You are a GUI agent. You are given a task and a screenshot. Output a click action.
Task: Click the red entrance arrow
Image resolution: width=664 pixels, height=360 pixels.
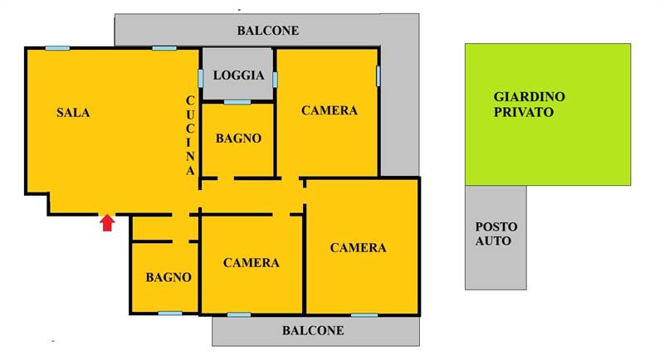tap(107, 222)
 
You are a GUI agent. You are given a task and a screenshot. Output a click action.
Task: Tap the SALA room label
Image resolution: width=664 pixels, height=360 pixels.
tap(73, 112)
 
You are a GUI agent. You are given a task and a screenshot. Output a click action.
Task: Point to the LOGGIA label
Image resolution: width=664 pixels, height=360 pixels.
tap(238, 75)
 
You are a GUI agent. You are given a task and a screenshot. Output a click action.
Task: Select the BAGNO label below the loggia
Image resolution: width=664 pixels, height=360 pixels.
tap(238, 139)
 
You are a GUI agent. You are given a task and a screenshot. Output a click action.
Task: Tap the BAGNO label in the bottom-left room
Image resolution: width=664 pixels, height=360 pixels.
tap(168, 277)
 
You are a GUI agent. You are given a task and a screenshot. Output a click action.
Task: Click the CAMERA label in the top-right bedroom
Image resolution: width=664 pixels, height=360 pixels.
tap(330, 110)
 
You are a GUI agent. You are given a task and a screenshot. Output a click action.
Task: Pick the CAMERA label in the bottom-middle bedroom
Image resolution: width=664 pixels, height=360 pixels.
tap(251, 263)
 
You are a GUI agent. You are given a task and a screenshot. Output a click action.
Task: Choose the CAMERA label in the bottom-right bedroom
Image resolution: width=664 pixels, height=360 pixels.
tap(358, 247)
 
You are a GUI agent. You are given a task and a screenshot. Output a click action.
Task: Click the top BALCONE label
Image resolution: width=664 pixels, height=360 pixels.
tap(267, 31)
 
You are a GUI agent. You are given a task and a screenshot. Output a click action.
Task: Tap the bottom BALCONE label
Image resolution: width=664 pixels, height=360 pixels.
tap(312, 330)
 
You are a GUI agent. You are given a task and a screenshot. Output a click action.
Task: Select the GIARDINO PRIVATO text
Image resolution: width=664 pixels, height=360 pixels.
tap(529, 104)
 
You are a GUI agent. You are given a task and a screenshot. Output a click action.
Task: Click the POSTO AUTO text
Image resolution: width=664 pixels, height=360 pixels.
tap(496, 234)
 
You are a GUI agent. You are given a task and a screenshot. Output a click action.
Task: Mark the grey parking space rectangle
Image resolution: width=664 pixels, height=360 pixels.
tap(496, 265)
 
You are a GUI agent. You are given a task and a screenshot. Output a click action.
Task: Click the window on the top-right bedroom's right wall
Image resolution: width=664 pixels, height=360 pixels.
tap(378, 75)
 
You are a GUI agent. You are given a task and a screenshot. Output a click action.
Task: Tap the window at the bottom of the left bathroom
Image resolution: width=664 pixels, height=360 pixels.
tap(169, 313)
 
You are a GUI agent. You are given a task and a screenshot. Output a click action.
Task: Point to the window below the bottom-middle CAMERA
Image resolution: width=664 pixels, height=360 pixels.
tap(239, 314)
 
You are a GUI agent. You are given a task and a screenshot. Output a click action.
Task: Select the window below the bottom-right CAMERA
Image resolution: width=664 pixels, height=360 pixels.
tap(364, 314)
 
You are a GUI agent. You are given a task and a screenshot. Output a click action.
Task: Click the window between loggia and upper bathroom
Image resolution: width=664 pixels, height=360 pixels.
tap(237, 102)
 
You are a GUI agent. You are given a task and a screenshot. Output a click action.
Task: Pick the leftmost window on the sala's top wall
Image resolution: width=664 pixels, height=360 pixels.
tap(57, 48)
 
